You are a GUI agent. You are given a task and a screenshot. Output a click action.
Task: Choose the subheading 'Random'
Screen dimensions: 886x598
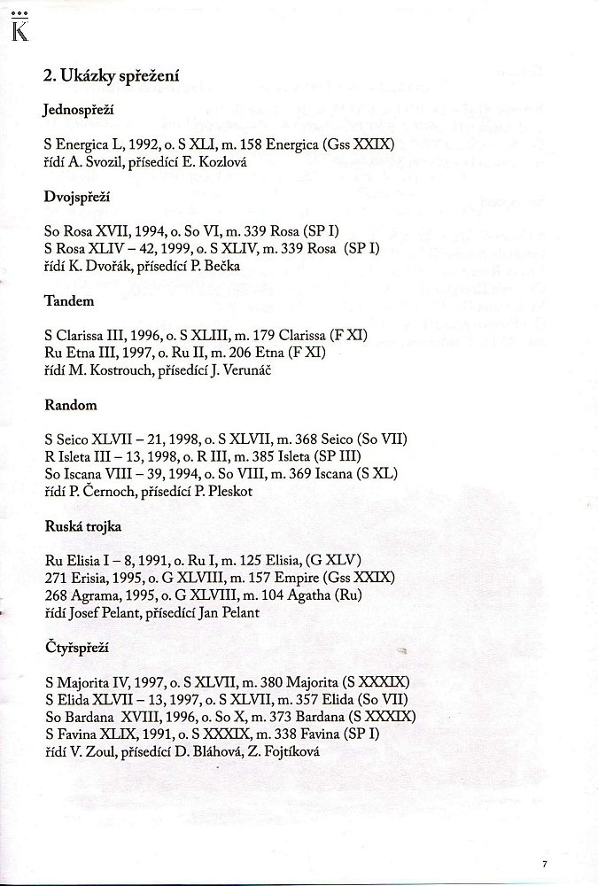pyautogui.click(x=70, y=405)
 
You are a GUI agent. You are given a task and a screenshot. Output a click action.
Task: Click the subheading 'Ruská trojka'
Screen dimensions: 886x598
pyautogui.click(x=82, y=526)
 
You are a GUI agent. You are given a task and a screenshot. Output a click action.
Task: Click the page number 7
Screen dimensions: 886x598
pyautogui.click(x=546, y=860)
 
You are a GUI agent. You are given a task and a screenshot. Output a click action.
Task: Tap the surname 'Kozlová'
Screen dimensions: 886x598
pyautogui.click(x=232, y=161)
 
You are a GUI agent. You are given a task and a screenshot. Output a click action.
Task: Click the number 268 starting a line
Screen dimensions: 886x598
pyautogui.click(x=54, y=595)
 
